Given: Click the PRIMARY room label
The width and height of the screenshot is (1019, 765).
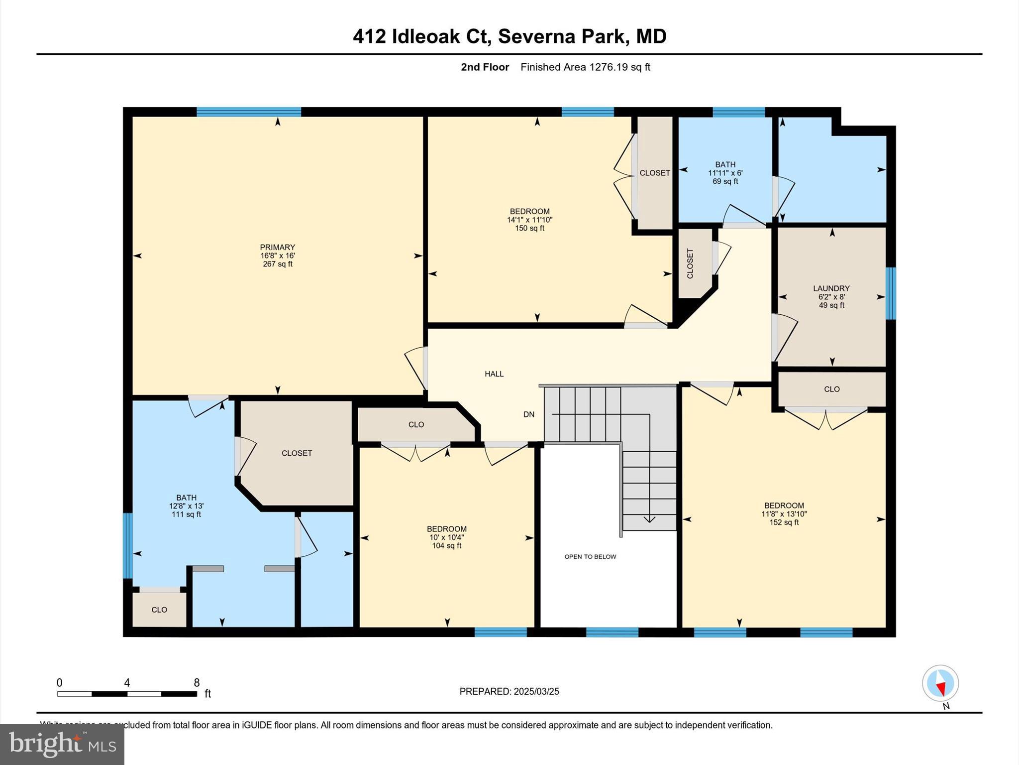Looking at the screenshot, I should click(x=277, y=247).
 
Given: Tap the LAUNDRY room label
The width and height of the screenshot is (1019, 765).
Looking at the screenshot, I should click(x=831, y=288).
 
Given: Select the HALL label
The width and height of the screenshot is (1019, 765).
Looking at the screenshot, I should click(x=494, y=374).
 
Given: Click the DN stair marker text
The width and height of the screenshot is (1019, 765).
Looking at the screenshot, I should click(x=528, y=414).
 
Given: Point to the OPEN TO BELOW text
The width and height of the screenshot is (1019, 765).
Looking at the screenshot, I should click(x=590, y=557).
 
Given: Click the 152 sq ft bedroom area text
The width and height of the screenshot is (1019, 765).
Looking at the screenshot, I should click(x=784, y=522).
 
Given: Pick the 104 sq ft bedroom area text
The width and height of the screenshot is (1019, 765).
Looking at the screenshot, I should click(x=446, y=546).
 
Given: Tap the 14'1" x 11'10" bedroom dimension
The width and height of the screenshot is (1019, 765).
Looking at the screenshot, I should click(x=529, y=220).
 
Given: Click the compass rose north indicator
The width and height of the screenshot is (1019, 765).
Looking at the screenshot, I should click(x=940, y=684).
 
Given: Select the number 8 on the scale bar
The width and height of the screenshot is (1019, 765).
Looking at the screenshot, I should click(x=197, y=683).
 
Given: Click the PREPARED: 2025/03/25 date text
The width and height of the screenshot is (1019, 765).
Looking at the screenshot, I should click(x=509, y=691).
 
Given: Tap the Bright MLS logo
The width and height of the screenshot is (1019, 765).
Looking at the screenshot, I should click(x=62, y=744).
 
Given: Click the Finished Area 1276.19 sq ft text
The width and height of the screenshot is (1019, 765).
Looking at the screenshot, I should click(x=585, y=67).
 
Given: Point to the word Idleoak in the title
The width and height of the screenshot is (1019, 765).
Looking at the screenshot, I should click(x=425, y=36).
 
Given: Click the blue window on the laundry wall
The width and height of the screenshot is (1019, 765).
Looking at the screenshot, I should click(x=891, y=293).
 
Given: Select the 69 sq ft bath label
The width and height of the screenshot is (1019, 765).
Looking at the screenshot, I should click(x=725, y=181).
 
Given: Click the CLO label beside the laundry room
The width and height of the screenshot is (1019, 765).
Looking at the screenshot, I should click(x=831, y=389).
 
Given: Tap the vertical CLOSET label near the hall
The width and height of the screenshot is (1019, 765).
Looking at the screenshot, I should click(x=690, y=263).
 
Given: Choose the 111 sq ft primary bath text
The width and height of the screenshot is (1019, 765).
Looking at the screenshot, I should click(x=186, y=514).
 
